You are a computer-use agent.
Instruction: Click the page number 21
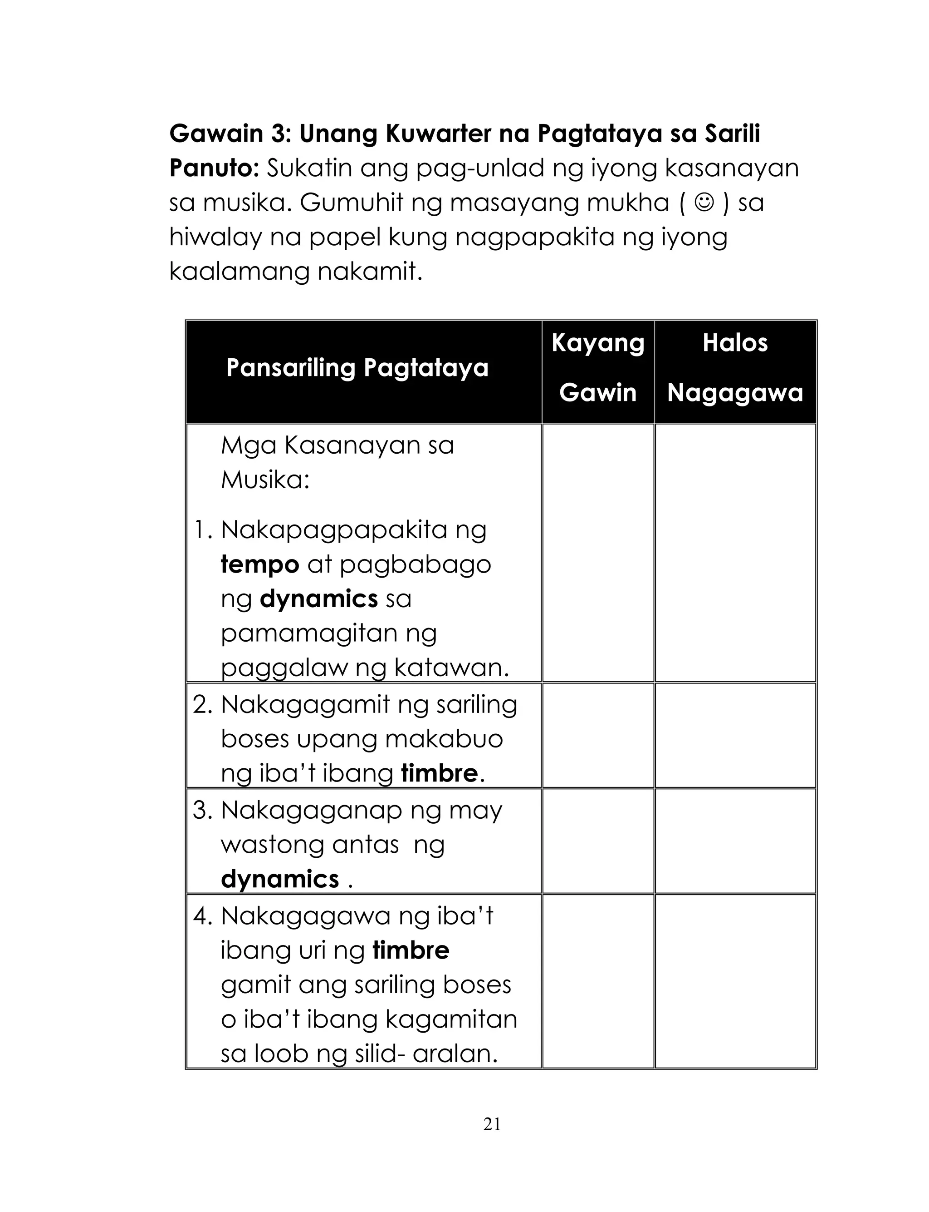tap(492, 1124)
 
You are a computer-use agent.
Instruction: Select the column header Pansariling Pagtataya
tap(357, 368)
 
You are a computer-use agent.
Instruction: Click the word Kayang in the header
tap(598, 343)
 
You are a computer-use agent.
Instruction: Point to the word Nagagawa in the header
tap(735, 393)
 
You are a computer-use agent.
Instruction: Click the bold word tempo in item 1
tap(259, 564)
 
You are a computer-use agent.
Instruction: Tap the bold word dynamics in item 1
tap(318, 599)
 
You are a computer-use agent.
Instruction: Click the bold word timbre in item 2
tap(439, 773)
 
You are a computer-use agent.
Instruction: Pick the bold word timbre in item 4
tap(411, 950)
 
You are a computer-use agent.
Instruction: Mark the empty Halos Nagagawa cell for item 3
tap(735, 841)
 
